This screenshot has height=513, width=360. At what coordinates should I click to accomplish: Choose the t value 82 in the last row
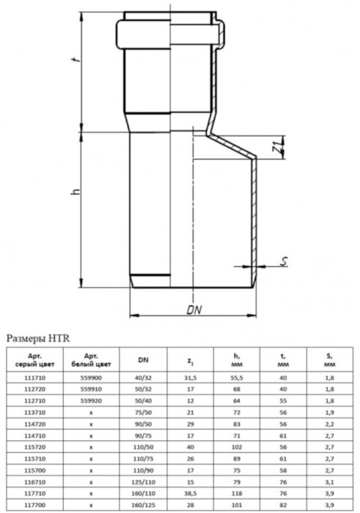pyautogui.click(x=283, y=505)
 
